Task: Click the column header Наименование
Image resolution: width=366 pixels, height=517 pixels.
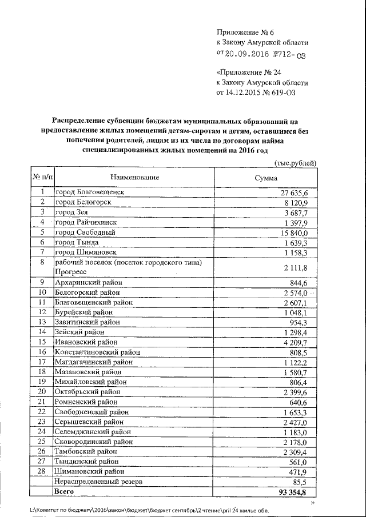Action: tap(135, 178)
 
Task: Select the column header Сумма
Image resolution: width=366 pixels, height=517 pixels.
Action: tap(266, 178)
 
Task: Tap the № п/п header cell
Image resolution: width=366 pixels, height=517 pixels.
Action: tap(42, 178)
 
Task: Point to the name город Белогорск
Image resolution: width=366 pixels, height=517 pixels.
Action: tap(82, 202)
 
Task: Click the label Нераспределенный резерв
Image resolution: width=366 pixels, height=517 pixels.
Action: tap(97, 482)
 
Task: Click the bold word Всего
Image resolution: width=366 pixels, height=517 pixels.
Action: tap(63, 492)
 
